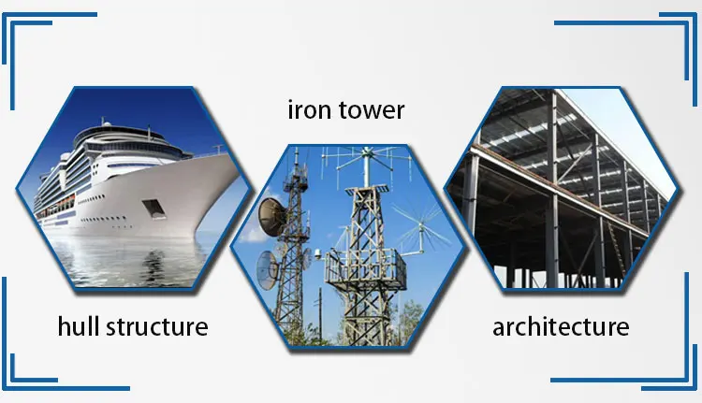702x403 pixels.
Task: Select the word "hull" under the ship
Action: point(78,325)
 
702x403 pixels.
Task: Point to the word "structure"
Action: point(157,326)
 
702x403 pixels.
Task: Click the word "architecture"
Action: point(561,326)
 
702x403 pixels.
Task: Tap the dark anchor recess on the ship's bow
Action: point(154,209)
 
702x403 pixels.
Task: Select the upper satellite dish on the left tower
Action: point(272,217)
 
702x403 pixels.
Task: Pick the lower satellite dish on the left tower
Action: point(268,269)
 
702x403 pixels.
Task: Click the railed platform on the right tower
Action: point(365,267)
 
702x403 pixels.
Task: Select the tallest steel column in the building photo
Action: point(553,188)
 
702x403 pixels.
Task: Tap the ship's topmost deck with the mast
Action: point(121,131)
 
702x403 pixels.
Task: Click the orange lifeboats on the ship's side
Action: point(57,207)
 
